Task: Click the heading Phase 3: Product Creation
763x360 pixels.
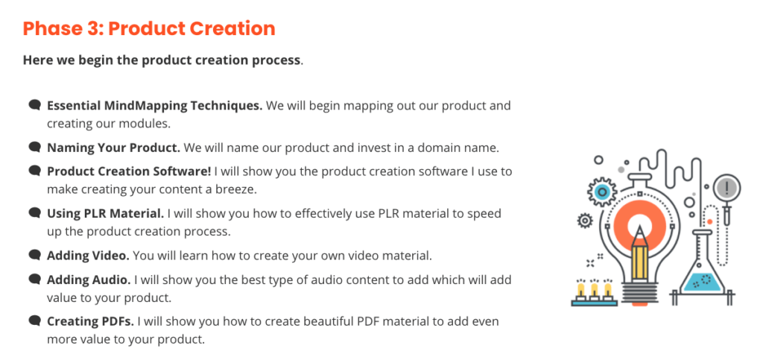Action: coord(149,29)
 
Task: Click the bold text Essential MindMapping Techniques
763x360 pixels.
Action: coord(155,106)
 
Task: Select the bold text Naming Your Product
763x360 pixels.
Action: coord(113,148)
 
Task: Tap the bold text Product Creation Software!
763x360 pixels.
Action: coord(129,171)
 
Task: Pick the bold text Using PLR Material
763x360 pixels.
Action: coord(106,214)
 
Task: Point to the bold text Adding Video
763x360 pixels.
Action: coord(89,256)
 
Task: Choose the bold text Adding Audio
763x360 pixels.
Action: coord(89,280)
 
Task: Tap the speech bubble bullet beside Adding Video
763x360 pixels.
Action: coord(34,255)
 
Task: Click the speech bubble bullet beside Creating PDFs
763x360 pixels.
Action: coord(34,321)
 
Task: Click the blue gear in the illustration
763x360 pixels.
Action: coord(602,193)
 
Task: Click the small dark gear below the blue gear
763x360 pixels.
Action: coord(585,221)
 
